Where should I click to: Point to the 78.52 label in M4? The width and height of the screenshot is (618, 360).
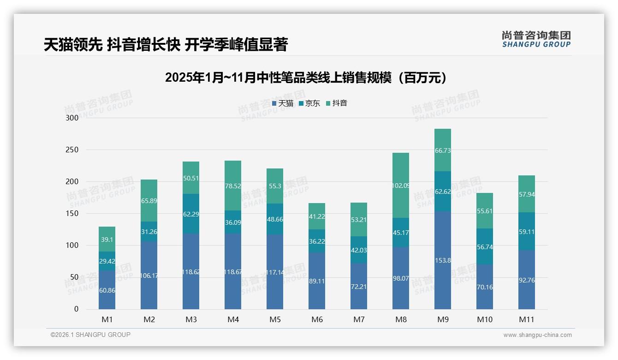tap(233, 186)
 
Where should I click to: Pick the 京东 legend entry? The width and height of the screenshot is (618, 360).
tap(309, 103)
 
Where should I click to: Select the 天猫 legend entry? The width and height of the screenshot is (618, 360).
tap(283, 103)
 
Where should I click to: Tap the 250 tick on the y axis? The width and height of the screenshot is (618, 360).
tap(73, 150)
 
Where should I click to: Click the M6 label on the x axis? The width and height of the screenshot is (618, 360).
tap(317, 319)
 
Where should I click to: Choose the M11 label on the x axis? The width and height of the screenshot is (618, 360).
tap(526, 319)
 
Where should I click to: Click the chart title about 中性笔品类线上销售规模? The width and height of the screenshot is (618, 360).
tap(307, 78)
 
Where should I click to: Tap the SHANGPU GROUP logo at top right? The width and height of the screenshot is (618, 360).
tap(536, 39)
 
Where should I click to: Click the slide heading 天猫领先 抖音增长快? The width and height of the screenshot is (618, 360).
tap(166, 45)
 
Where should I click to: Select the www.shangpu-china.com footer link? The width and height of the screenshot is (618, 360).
tap(537, 335)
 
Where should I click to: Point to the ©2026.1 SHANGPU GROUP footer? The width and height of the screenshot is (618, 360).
tap(90, 335)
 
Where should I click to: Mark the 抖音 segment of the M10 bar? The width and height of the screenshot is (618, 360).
tap(484, 210)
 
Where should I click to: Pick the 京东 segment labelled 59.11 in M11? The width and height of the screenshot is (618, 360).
tap(526, 232)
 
